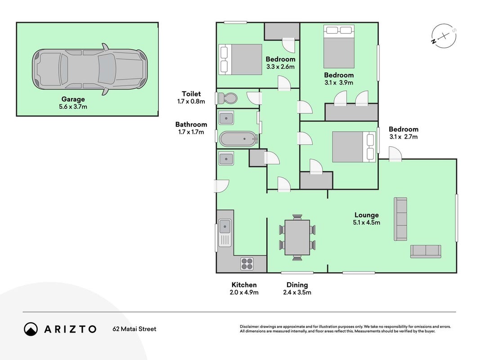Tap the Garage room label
73,99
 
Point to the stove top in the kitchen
247,264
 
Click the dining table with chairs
297,238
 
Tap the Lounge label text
367,215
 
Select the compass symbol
444,36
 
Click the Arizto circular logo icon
31,329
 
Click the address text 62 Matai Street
135,329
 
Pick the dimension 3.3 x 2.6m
280,67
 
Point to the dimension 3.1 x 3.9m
339,83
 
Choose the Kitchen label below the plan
244,285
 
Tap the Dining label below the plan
297,285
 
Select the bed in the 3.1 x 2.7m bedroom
354,147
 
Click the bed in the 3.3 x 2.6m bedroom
240,59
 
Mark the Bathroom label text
191,124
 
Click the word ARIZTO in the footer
70,329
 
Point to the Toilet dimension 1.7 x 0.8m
191,101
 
